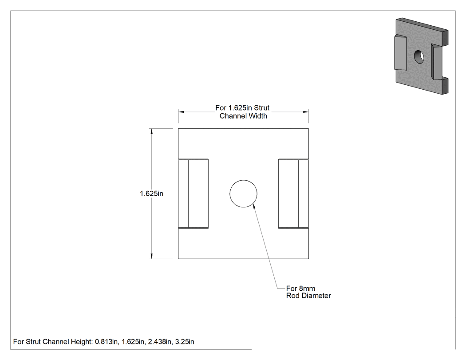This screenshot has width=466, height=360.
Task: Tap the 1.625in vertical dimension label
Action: (152, 194)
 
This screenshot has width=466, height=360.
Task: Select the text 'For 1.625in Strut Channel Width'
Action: (243, 112)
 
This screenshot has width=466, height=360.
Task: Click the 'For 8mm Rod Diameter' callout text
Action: (308, 292)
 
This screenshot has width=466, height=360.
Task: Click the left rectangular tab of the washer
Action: (193, 194)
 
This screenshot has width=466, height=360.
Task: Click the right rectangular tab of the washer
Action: (294, 194)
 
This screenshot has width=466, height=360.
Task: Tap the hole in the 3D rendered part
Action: (419, 56)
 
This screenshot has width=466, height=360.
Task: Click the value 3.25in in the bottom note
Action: (185, 341)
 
